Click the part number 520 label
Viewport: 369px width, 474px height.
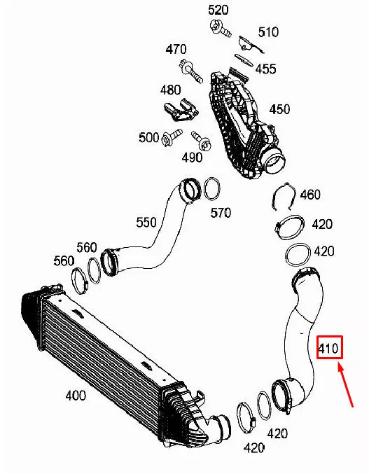(218, 10)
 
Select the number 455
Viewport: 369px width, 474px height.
(265, 69)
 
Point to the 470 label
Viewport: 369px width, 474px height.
(176, 49)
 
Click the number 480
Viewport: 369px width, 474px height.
(170, 90)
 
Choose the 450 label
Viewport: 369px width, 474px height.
(279, 109)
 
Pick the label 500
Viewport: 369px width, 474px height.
(148, 138)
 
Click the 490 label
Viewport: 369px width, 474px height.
(192, 158)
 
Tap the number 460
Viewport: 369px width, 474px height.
(309, 195)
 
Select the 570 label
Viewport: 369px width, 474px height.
(221, 213)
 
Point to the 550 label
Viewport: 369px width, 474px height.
(146, 223)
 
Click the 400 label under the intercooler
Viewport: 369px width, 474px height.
(76, 396)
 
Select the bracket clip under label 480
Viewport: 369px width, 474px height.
(178, 109)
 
